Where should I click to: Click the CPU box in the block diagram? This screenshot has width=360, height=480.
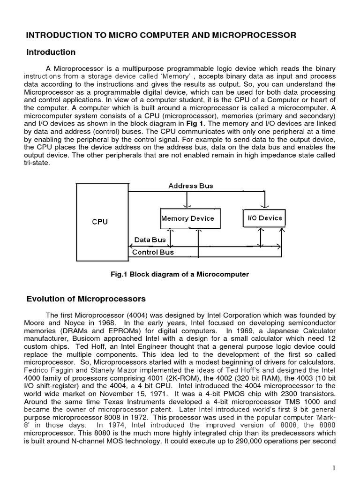pyautogui.click(x=99, y=222)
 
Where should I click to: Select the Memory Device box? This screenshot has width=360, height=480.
pyautogui.click(x=187, y=218)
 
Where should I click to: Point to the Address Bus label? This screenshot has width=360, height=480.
pyautogui.click(x=190, y=186)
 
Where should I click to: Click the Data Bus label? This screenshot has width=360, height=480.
pyautogui.click(x=150, y=240)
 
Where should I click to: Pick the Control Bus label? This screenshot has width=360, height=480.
pyautogui.click(x=153, y=252)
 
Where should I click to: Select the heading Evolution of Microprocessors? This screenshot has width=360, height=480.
pyautogui.click(x=86, y=299)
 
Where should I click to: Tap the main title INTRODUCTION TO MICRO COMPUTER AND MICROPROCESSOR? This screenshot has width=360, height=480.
pyautogui.click(x=161, y=35)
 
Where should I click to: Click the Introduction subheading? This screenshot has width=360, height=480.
pyautogui.click(x=51, y=52)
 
